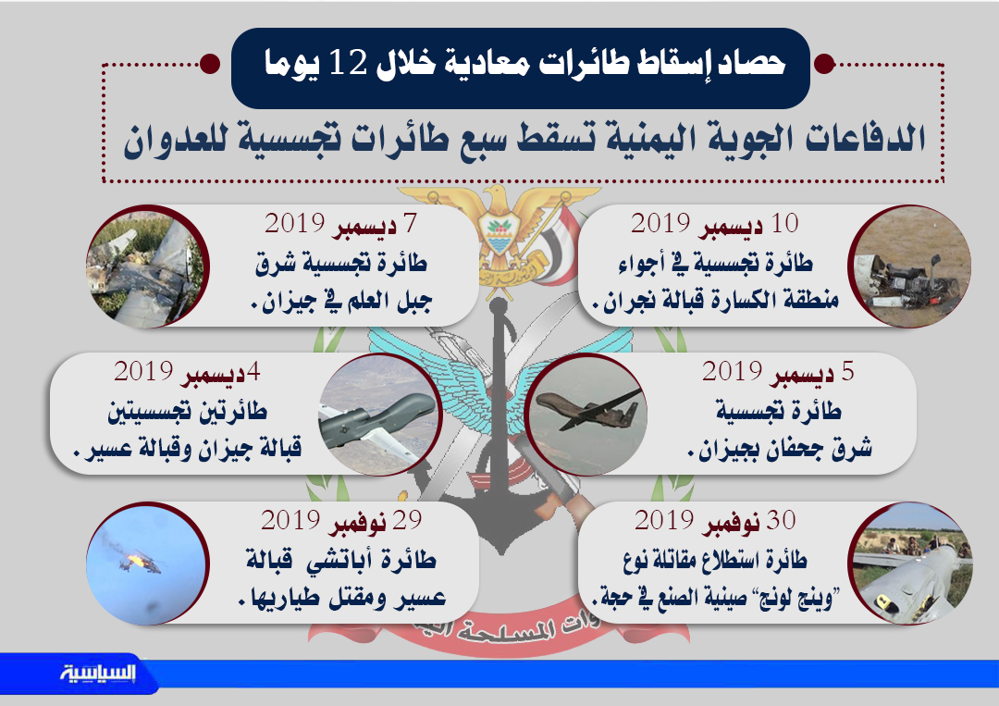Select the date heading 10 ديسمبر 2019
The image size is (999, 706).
pos(714,225)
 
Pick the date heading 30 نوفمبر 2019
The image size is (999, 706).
pos(715,522)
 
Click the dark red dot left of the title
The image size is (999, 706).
pos(210,64)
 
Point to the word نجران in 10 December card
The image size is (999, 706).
pos(653,300)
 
